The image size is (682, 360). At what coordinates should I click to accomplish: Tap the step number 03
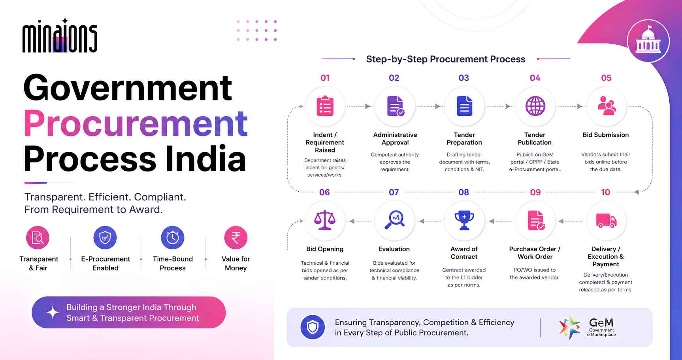[x=464, y=78]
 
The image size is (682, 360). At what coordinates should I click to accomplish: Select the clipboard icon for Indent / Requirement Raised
[x=325, y=106]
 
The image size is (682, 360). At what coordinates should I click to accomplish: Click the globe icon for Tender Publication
[x=535, y=106]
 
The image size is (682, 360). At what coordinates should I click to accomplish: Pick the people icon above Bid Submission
[x=607, y=106]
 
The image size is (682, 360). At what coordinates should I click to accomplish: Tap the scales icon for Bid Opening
[x=325, y=220]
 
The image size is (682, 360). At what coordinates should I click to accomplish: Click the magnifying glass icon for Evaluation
[x=395, y=220]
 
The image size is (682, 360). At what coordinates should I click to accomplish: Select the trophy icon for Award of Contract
[x=464, y=220]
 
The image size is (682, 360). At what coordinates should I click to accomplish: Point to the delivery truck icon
[x=606, y=221]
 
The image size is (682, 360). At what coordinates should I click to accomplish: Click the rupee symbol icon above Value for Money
[x=236, y=237]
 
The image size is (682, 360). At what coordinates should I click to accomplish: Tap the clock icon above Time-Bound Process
[x=173, y=237]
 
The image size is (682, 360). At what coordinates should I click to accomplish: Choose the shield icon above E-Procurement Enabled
[x=105, y=237]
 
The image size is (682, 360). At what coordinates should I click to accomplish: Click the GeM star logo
[x=570, y=327]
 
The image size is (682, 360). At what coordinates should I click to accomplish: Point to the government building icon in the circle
[x=648, y=41]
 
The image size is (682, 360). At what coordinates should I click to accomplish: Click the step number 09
[x=535, y=192]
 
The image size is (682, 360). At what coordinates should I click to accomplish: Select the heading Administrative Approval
[x=395, y=139]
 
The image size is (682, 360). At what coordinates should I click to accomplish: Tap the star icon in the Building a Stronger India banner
[x=53, y=313]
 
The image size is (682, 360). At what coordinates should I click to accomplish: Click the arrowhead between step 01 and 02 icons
[x=368, y=106]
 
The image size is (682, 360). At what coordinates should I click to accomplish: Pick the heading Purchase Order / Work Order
[x=535, y=253]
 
